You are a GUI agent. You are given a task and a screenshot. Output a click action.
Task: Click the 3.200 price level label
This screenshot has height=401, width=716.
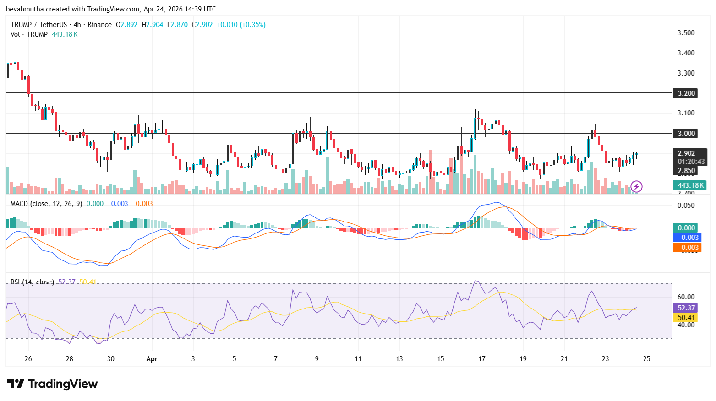[x=686, y=93]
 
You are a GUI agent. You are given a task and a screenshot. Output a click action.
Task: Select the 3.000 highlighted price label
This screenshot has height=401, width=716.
[x=686, y=134]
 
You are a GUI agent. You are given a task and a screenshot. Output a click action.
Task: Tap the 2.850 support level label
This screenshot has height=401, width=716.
[x=686, y=171]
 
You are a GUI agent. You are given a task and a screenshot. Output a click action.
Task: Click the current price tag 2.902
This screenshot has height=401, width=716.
[x=686, y=153]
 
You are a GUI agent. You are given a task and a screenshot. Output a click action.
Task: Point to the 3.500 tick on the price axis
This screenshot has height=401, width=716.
[x=686, y=33]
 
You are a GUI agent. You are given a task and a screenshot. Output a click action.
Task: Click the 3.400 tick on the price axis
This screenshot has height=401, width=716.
[x=686, y=53]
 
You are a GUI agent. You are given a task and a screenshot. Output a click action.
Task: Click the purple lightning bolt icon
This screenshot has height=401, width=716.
[x=636, y=186]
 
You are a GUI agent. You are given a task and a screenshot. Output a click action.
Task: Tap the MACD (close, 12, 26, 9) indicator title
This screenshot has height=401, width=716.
[x=46, y=204]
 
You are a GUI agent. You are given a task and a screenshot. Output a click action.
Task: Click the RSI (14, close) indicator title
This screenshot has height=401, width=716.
[x=32, y=282]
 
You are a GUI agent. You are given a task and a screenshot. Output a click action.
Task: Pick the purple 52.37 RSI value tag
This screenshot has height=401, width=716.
[x=686, y=308]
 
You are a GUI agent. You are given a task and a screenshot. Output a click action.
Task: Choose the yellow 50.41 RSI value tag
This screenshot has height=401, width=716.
[x=686, y=318]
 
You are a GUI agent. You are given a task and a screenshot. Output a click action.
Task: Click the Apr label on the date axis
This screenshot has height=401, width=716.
[x=152, y=359]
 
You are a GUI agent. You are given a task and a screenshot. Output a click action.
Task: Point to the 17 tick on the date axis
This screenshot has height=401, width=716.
[x=482, y=359]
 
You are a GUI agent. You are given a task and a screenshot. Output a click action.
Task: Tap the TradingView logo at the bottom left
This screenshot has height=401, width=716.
[x=52, y=384]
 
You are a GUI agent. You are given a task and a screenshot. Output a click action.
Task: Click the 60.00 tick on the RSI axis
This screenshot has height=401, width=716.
[x=686, y=297]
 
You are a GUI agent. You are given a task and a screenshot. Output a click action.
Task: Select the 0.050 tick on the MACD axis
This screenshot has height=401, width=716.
[x=686, y=206]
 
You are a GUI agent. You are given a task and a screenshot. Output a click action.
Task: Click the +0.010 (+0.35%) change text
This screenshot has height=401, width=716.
[x=241, y=25]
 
